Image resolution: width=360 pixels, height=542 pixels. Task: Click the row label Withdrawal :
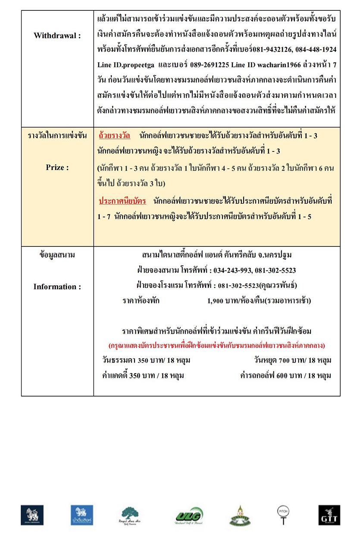[x=57, y=36]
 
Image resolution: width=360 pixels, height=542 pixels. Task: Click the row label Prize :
[x=57, y=167]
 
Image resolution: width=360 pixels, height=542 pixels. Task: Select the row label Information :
[x=57, y=287]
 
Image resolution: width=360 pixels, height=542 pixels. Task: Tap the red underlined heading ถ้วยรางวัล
[x=114, y=135]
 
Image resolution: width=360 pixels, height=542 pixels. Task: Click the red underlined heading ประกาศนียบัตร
[x=122, y=201]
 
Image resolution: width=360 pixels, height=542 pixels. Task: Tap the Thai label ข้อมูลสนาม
[x=57, y=255]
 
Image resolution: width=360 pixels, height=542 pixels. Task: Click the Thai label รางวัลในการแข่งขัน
[x=57, y=135]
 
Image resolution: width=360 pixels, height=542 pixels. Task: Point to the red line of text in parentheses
[x=217, y=346]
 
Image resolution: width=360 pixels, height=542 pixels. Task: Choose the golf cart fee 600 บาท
[x=282, y=375]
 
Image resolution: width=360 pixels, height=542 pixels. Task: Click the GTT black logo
[x=329, y=515]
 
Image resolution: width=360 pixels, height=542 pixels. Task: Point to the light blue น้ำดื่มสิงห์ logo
[x=82, y=515]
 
